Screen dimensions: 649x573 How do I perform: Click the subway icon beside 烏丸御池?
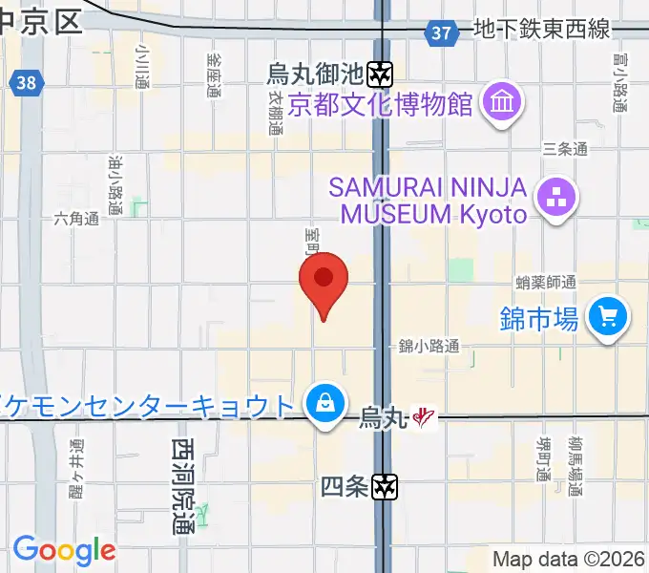point(383,72)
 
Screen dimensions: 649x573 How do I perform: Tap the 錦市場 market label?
point(538,319)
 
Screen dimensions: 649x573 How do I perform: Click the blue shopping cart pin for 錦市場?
point(608,316)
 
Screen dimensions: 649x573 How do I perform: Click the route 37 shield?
point(440,33)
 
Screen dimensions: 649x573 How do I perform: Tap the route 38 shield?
point(27,83)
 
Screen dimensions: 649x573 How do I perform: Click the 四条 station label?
point(344,487)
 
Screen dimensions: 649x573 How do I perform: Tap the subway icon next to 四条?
point(385,486)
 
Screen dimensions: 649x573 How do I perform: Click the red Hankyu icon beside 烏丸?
point(425,417)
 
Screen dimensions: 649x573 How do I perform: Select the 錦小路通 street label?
point(429,347)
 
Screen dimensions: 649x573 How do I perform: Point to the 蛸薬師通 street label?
point(546,282)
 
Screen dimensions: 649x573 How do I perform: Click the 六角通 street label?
point(76,219)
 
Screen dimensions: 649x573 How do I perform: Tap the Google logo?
point(64,550)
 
